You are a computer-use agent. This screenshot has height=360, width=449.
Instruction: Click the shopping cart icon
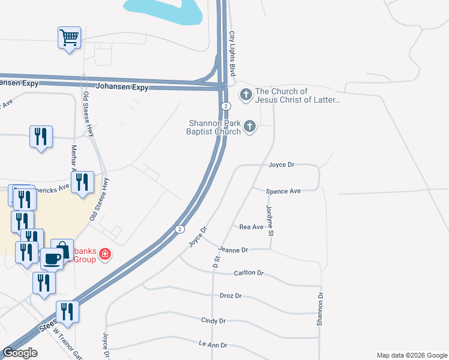[x=69, y=38]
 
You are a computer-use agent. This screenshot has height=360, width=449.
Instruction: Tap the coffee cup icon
[x=52, y=258]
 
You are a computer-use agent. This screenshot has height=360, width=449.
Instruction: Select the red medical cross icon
[x=106, y=254]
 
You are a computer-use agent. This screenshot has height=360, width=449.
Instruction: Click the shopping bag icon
[x=62, y=249]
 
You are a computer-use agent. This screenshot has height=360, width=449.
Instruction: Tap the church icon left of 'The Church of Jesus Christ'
[x=246, y=94]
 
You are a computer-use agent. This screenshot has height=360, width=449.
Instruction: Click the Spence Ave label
[x=283, y=191]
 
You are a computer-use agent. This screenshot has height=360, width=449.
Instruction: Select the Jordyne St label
[x=270, y=220]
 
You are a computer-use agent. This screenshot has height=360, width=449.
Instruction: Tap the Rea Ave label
[x=252, y=227]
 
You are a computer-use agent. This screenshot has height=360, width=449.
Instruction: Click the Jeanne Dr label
[x=234, y=250]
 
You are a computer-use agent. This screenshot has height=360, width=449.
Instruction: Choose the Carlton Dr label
[x=249, y=273]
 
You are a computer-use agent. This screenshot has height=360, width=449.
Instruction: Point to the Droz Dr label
[x=230, y=296]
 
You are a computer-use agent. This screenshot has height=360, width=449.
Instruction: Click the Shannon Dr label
[x=321, y=310]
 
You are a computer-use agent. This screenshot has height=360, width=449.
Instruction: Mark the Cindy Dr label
[x=214, y=321]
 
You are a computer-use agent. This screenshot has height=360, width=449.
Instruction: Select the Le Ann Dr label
[x=213, y=345]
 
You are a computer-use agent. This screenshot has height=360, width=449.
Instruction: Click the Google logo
[x=20, y=353]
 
